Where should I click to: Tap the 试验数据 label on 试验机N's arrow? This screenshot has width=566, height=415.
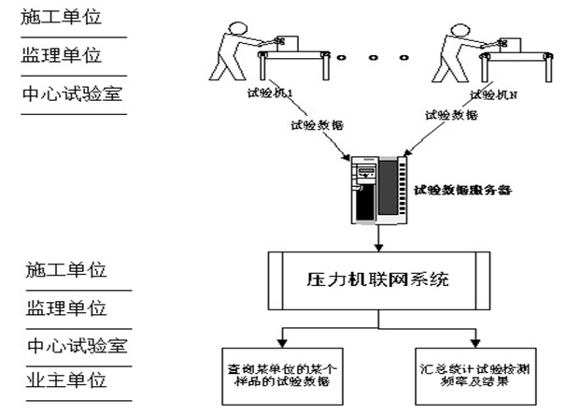coord(451,115)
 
